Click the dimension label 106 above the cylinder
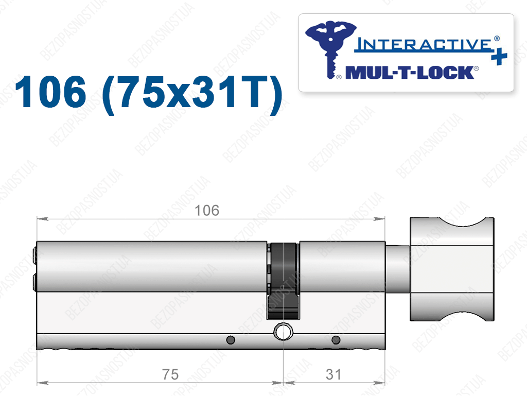pos(207,211)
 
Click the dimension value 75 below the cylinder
pos(170,374)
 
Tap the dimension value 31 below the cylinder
pos(333,374)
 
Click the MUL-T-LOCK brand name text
pos(410,73)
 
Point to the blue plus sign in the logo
pos(499,57)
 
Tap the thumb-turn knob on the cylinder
pos(452,269)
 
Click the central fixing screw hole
pos(284,332)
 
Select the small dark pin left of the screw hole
pos(231,340)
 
